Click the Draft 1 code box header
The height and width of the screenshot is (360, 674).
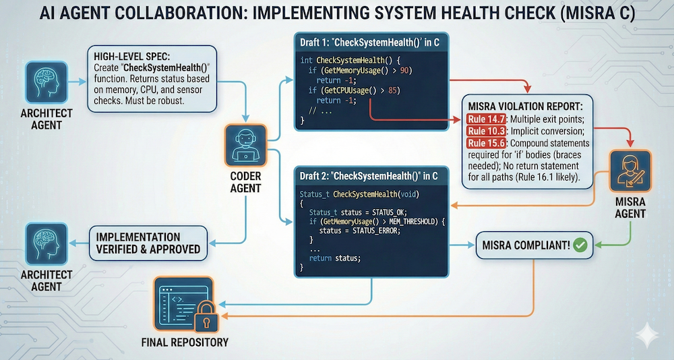[371, 43]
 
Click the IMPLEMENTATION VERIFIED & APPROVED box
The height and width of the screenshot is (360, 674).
[146, 243]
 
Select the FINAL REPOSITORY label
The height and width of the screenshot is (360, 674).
[185, 342]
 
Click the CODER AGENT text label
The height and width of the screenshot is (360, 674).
[246, 181]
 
